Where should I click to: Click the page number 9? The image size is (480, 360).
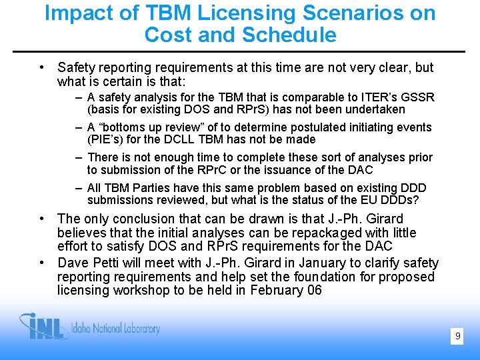(x=457, y=337)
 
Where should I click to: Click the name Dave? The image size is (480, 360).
(x=73, y=263)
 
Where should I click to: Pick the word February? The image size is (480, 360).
(x=274, y=290)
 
